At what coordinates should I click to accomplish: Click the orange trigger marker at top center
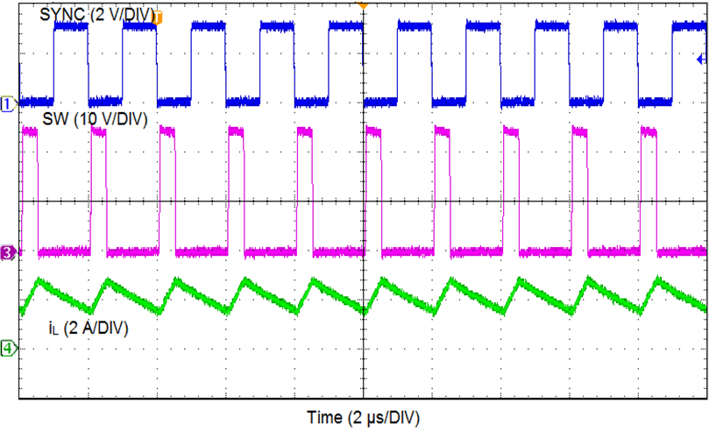click(x=362, y=5)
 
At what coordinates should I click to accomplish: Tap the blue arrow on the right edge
click(x=700, y=60)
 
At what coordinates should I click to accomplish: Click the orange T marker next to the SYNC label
click(x=159, y=16)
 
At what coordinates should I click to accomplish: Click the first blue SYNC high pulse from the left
click(x=70, y=27)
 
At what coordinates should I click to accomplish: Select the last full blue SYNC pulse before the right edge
click(x=622, y=27)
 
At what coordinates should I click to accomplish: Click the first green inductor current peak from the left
click(x=39, y=281)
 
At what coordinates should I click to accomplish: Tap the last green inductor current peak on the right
click(x=657, y=281)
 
